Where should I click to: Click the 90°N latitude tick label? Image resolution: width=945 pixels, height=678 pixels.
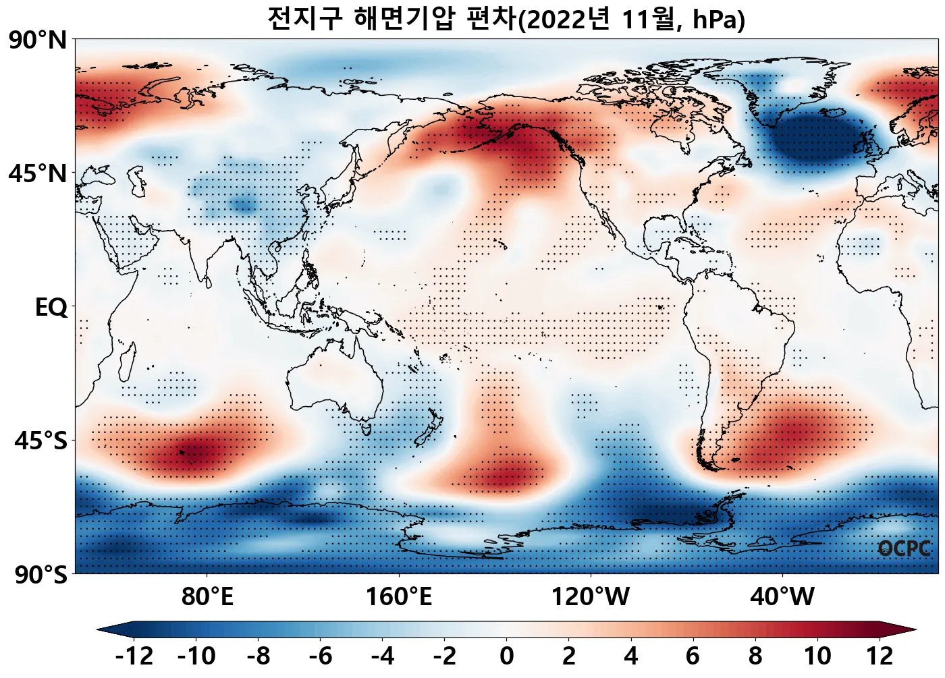38,40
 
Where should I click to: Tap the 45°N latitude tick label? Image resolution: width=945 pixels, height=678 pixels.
38,173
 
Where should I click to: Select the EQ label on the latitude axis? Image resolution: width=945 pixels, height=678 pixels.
51,308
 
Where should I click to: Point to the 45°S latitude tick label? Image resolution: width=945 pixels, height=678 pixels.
40,441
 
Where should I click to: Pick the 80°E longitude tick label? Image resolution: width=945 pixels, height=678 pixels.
207,596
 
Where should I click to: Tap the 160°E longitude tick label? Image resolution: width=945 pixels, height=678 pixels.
399,596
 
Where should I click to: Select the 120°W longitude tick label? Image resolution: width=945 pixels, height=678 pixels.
591,596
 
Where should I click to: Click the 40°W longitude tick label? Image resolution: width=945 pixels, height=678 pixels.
782,596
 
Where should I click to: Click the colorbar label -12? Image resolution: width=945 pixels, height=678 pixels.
134,656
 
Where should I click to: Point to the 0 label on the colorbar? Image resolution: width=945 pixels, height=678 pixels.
507,656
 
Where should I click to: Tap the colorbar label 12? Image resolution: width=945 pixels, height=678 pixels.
880,656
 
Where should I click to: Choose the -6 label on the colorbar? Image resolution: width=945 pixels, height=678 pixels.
321,656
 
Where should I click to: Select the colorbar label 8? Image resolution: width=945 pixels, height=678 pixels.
755,656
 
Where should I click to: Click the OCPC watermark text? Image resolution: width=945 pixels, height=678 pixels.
905,548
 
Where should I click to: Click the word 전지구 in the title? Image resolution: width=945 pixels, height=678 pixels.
305,19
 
